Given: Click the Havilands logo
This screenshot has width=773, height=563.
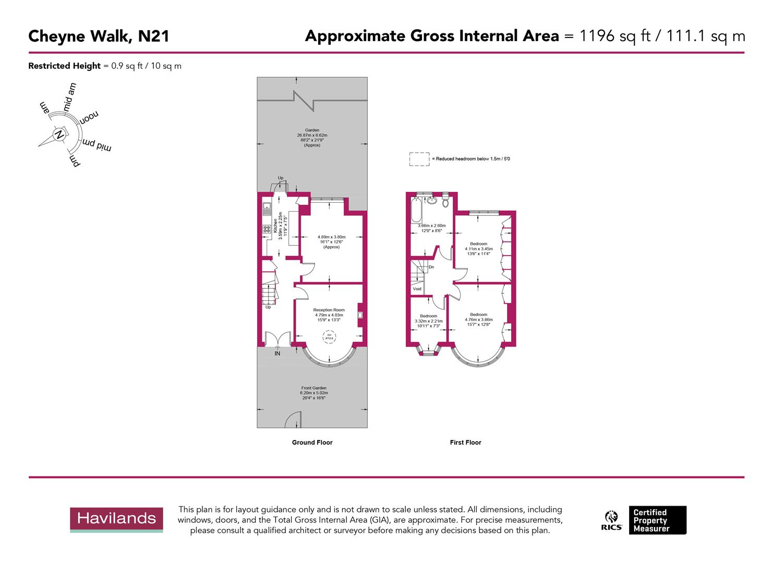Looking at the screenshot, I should (116, 519).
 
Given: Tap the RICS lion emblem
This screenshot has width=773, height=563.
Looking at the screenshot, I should (611, 517).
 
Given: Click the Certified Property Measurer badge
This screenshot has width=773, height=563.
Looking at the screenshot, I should (657, 520).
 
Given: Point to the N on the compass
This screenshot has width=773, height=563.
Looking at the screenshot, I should (59, 134).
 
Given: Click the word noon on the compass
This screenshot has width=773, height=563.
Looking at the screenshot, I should (89, 117).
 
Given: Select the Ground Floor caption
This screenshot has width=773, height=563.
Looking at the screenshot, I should (312, 443).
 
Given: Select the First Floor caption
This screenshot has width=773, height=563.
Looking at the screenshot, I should (465, 443).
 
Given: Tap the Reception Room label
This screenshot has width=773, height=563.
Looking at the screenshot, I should (329, 310).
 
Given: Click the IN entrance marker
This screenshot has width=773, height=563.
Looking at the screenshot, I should (277, 353).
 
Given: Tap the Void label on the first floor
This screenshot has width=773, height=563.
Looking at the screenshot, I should (417, 289).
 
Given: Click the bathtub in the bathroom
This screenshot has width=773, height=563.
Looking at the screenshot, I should (416, 211).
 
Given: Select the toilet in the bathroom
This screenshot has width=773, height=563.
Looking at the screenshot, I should (445, 200).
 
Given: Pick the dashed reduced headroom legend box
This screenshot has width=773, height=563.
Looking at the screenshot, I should (419, 159).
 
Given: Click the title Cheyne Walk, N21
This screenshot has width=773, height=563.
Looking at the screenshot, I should (99, 36).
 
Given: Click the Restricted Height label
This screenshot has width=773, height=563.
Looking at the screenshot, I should (64, 66).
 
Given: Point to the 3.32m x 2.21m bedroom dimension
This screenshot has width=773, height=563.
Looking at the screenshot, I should (429, 321).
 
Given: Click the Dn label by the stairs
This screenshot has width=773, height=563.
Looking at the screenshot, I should (431, 267).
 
